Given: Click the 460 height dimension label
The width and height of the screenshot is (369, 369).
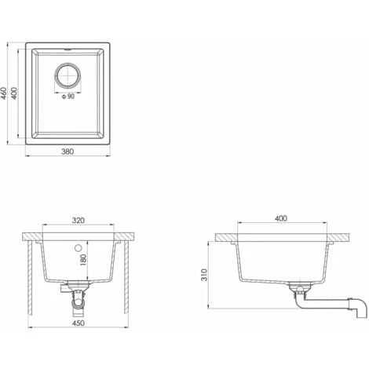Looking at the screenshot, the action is pos(4,93).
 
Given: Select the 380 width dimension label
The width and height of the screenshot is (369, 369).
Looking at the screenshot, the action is pos(68,152).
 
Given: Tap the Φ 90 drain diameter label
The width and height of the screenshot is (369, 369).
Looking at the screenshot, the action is pos(68,97).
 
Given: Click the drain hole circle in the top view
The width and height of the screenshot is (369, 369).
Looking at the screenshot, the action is pos(68,75).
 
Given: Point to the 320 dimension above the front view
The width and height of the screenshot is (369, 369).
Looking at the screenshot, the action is pos(79,221).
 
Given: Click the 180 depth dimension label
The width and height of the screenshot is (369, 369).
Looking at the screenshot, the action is pos(83,260).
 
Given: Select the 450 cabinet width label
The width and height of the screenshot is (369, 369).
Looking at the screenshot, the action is pos(79,323).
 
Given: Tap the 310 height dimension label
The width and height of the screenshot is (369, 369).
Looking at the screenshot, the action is pos(204,275).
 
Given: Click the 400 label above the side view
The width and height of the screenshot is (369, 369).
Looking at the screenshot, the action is pos(281,218).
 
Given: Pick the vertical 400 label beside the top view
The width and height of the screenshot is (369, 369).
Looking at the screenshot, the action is pos(14,93).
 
